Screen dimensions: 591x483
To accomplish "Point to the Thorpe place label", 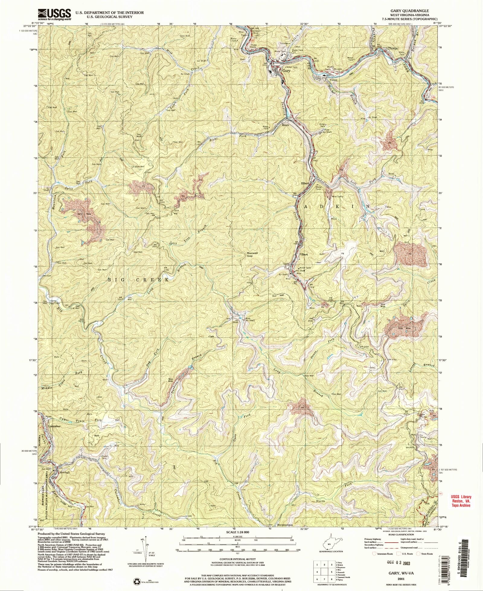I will pyautogui.click(x=393, y=48).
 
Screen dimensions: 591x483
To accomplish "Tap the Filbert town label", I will pyautogui.click(x=303, y=255).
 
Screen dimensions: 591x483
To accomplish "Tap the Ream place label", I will pyautogui.click(x=285, y=125).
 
